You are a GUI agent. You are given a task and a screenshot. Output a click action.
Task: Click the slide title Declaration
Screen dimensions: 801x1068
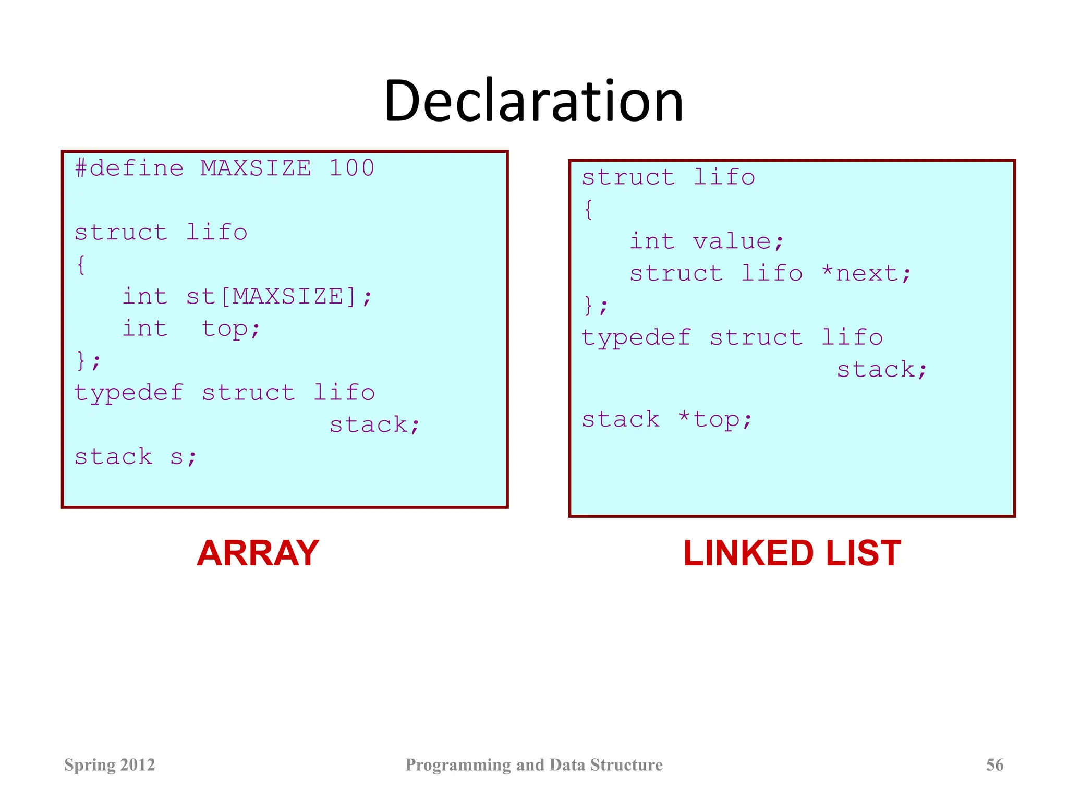[x=533, y=101]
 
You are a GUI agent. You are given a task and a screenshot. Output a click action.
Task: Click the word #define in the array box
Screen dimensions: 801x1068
[x=129, y=168]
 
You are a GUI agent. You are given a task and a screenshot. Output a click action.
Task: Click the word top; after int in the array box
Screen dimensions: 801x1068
[x=230, y=329]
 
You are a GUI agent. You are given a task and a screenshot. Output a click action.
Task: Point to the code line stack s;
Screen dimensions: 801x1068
[x=136, y=457]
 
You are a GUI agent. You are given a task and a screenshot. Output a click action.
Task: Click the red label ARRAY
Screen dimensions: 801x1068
[x=258, y=553]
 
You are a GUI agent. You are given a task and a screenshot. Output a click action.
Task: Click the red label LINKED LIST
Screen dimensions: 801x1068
[x=792, y=553]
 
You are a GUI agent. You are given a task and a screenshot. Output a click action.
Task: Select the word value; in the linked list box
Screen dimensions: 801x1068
[x=738, y=241]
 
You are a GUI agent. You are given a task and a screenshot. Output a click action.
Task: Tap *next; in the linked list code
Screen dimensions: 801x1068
[x=866, y=274]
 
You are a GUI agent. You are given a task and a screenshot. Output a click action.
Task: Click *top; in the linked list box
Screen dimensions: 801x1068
[x=715, y=419]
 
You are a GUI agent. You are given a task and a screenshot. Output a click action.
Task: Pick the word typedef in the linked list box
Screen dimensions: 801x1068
[x=636, y=337]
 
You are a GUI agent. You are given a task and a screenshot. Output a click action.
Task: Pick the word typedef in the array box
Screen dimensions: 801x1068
[x=129, y=393]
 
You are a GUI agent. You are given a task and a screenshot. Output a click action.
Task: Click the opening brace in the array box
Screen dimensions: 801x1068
[x=81, y=265]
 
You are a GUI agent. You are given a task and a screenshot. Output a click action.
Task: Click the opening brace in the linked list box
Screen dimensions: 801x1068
[x=588, y=210]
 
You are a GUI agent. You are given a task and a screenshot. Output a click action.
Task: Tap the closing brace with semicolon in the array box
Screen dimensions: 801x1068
[x=88, y=360]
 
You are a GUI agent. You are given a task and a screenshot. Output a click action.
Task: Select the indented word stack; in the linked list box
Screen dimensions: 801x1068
[x=882, y=370]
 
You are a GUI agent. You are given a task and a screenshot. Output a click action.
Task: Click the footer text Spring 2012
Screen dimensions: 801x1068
[x=110, y=764]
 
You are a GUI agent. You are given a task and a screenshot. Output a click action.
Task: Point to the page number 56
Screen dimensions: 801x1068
[x=994, y=764]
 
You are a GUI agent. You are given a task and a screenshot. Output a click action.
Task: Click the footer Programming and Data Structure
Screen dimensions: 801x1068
[x=534, y=764]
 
